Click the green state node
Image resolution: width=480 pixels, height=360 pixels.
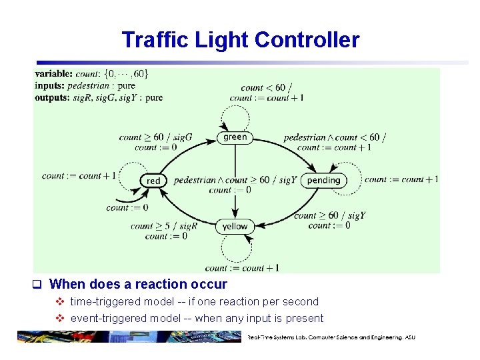click(235, 137)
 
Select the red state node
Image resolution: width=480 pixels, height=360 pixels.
click(153, 180)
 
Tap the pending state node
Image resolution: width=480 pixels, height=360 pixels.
click(323, 180)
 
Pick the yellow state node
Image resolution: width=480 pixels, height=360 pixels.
click(235, 227)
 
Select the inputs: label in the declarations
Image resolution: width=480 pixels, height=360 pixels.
click(52, 86)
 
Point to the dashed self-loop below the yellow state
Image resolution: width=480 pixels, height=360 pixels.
click(235, 249)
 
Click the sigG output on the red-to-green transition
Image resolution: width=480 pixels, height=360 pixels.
click(183, 137)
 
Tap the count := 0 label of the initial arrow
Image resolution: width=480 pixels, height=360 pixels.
click(127, 208)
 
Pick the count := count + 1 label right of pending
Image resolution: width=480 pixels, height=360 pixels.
click(401, 179)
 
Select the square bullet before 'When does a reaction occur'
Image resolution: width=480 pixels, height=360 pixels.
click(38, 285)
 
